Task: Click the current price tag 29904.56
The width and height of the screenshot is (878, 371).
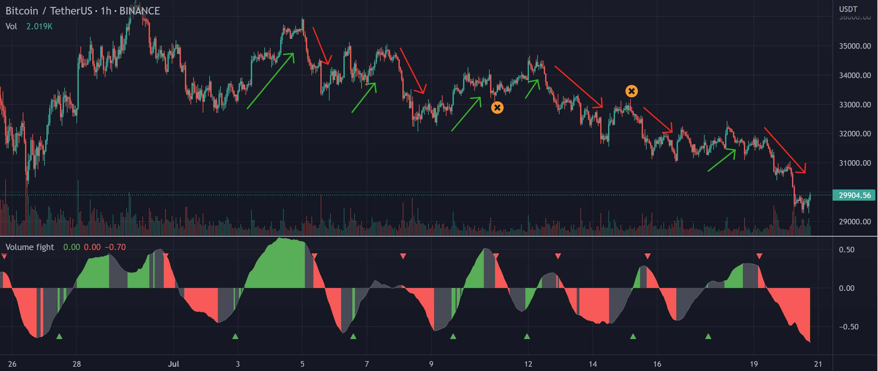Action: coord(854,195)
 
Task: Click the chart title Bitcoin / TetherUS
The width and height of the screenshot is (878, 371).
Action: coord(48,11)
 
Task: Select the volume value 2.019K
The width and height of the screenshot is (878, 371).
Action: coord(39,27)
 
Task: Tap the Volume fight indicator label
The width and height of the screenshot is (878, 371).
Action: coord(30,247)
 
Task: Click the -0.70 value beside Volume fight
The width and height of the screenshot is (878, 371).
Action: coord(115,247)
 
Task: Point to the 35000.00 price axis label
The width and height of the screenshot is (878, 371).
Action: coord(855,46)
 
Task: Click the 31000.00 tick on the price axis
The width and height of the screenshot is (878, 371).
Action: coord(855,163)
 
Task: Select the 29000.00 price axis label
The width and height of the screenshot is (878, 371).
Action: coord(855,222)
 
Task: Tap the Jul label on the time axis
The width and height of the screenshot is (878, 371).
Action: coord(173,364)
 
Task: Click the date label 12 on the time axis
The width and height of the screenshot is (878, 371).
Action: coord(528,364)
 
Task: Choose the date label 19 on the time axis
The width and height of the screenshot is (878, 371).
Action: coord(754,364)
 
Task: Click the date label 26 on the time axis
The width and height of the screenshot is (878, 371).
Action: coord(12,364)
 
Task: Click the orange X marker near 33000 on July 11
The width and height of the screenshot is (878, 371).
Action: coord(497,108)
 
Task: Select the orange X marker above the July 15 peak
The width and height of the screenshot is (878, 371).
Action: coord(631,91)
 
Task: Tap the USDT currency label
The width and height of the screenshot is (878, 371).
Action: coord(848,9)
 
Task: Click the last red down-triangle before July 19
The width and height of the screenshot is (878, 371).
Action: coord(759,256)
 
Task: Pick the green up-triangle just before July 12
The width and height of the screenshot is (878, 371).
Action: coord(527,337)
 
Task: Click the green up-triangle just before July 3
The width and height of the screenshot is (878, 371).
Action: coord(235,337)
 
